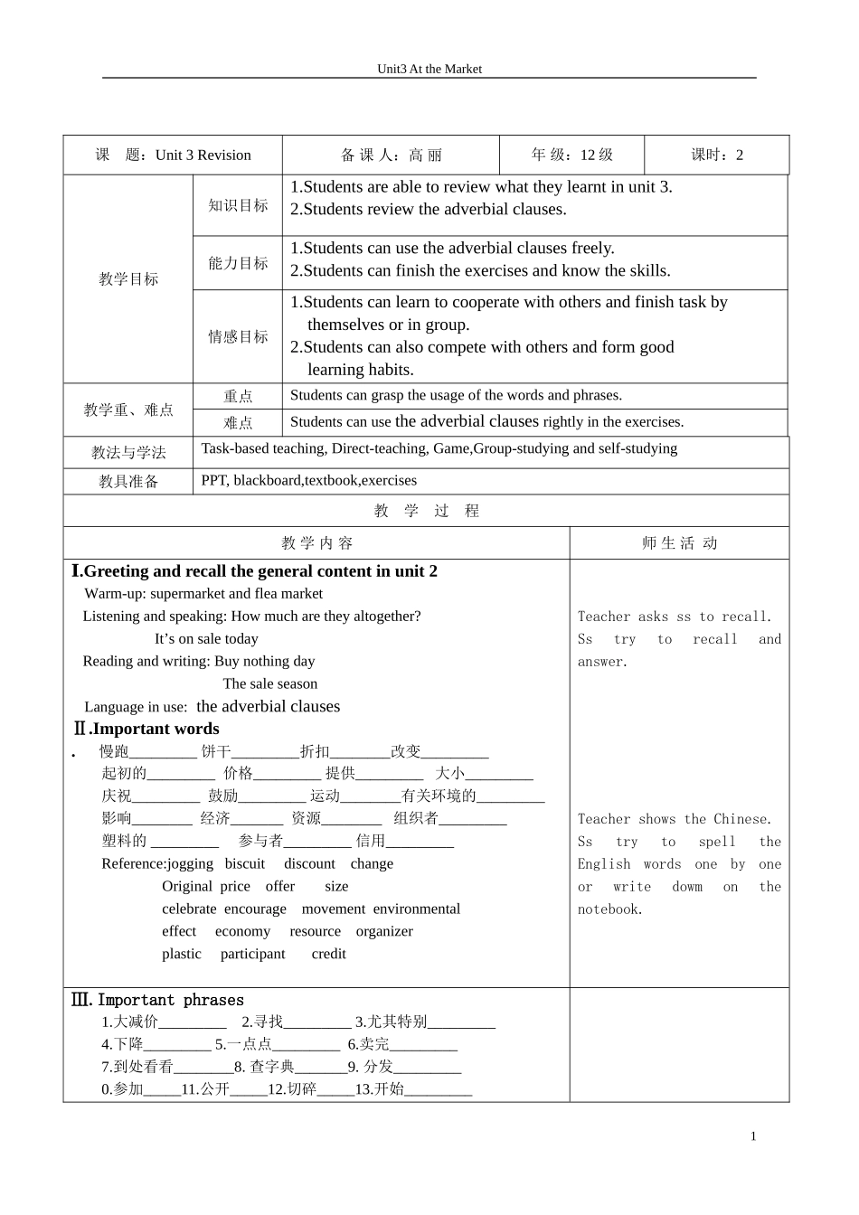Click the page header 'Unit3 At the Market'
(429, 69)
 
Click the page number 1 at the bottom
(753, 1136)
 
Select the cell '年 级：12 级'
(571, 155)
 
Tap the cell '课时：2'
(717, 155)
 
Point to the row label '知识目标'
(238, 205)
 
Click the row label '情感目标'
(238, 336)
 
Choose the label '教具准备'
(128, 481)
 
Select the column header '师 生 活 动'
(679, 543)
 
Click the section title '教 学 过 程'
(427, 511)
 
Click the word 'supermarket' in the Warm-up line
(187, 594)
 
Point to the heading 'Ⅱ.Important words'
(146, 729)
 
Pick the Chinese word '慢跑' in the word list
(114, 751)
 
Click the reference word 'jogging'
(191, 863)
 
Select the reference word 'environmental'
(417, 909)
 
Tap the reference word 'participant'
(252, 954)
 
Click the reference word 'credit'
(328, 954)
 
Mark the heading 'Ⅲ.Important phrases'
(157, 1000)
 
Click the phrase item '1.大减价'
(129, 1022)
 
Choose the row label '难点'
(238, 422)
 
